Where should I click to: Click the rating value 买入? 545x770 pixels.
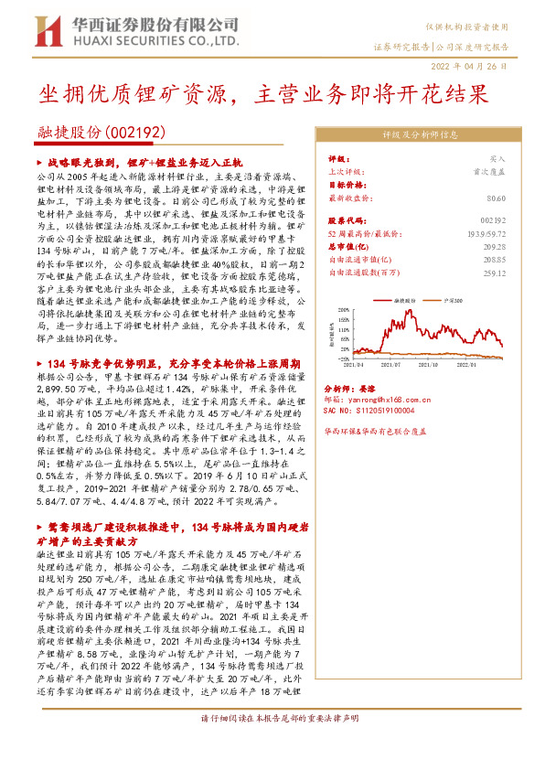click(497, 158)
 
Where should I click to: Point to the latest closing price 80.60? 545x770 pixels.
click(497, 198)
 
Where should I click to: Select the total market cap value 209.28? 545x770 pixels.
click(495, 247)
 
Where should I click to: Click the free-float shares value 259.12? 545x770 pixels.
click(495, 273)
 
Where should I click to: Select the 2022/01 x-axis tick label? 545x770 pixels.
click(476, 363)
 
